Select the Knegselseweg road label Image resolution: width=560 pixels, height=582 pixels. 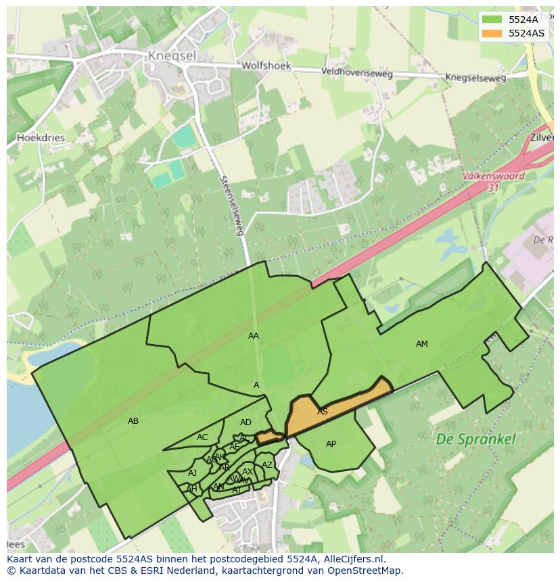475,78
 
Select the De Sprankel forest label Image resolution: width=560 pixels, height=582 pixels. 475,439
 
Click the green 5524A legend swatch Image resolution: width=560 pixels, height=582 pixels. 492,20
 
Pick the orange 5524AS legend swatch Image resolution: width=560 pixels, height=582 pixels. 492,33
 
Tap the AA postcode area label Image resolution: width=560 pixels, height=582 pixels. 254,336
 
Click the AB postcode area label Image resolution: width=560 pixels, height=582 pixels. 133,421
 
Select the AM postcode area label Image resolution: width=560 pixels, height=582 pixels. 422,344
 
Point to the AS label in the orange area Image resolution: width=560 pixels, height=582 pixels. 323,412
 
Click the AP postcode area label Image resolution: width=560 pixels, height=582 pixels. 331,444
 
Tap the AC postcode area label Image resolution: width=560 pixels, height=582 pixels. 202,437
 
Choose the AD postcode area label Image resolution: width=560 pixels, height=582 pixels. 246,422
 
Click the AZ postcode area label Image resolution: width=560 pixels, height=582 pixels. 267,465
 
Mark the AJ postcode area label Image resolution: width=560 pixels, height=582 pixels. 193,473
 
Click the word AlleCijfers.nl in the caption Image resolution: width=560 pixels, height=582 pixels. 352,559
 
